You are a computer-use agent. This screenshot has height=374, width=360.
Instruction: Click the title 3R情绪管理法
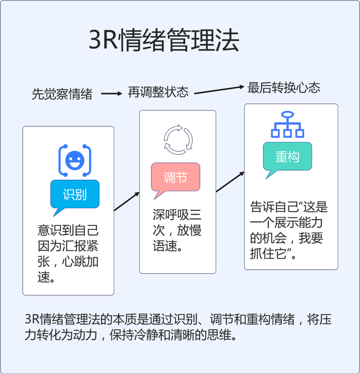pos(164,40)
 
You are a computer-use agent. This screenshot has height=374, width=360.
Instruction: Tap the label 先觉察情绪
pos(62,94)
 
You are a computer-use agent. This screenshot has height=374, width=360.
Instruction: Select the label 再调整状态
pos(158,92)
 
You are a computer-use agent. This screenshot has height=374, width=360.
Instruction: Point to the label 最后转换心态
pos(284,88)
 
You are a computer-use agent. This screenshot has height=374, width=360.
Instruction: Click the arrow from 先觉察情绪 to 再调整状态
pos(112,94)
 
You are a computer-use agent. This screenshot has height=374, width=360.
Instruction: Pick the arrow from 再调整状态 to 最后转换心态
pos(219,90)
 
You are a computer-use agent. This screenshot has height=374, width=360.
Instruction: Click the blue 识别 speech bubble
pos(75,194)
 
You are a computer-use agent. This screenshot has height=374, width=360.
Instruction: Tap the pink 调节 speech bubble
pos(175,177)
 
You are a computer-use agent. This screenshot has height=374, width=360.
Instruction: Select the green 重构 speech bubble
pos(287,156)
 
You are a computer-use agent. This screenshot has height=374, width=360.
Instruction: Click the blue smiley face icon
pos(75,160)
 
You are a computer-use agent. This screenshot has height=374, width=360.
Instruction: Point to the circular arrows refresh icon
pos(178,140)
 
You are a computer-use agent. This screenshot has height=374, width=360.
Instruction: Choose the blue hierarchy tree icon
pos(287,125)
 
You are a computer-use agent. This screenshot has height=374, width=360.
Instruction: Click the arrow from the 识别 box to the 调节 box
pos(127,201)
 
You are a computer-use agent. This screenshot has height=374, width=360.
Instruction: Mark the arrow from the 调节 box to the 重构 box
pos(230,182)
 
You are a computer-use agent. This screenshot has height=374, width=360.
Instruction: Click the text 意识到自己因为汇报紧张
pos(68,238)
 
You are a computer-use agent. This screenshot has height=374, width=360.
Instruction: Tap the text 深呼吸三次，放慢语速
pos(177,231)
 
